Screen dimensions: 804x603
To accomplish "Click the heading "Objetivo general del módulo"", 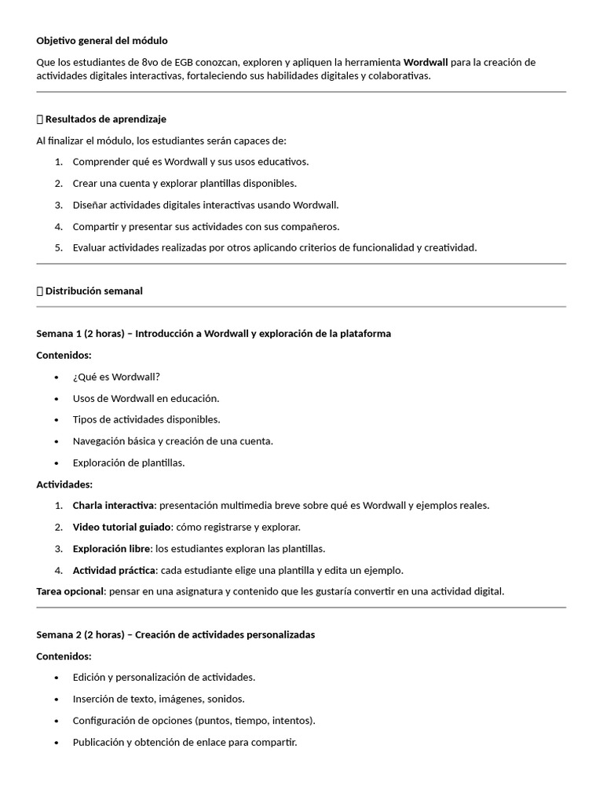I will click(x=102, y=40).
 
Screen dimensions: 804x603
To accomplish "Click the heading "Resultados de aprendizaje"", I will click(x=105, y=119).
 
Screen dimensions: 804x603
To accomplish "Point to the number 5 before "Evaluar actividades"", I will click(x=58, y=247).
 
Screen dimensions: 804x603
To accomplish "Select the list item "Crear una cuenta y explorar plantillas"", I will click(x=185, y=183).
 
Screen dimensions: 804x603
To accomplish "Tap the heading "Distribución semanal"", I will click(x=93, y=291).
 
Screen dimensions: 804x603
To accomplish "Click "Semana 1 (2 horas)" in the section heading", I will click(x=80, y=334).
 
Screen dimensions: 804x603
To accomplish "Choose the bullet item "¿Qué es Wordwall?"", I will click(x=116, y=377).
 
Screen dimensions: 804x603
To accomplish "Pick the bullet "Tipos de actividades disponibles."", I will click(x=146, y=419).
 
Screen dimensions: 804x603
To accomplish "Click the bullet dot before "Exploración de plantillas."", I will click(x=57, y=462).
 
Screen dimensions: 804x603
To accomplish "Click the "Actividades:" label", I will click(x=64, y=484).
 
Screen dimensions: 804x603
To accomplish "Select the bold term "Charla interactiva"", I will click(x=113, y=506).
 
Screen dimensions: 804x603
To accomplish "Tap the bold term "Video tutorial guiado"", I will click(x=121, y=527).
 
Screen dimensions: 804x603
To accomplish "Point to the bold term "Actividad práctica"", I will click(x=114, y=570).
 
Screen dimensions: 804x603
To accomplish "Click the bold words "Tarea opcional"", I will click(x=69, y=591).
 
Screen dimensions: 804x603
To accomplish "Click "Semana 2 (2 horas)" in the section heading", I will click(x=80, y=634).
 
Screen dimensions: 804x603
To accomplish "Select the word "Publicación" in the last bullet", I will click(x=98, y=742).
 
